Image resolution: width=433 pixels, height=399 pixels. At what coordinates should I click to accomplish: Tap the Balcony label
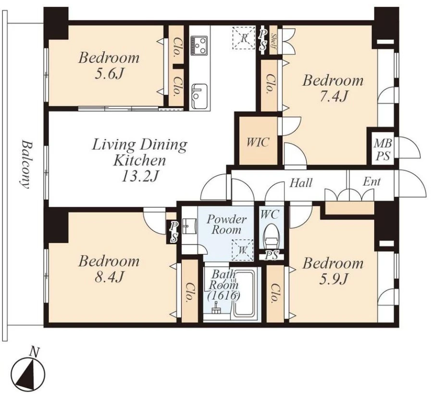[25, 165]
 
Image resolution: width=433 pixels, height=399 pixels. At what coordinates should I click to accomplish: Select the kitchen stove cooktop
[199, 45]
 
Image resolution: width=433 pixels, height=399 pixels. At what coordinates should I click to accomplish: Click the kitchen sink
[200, 96]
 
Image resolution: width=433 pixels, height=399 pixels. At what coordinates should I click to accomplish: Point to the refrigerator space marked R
[244, 38]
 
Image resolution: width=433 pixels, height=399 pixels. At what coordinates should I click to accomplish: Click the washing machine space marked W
[243, 250]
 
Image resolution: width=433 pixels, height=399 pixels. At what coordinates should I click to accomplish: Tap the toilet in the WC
[272, 237]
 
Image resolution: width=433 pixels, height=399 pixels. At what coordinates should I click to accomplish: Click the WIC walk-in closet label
[258, 142]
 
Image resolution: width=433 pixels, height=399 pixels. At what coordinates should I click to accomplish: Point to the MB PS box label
[383, 150]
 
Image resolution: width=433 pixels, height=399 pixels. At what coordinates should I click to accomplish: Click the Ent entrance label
[371, 182]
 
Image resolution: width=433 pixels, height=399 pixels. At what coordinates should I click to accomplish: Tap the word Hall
[301, 183]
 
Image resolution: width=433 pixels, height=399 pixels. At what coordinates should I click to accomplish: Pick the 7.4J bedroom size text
[333, 96]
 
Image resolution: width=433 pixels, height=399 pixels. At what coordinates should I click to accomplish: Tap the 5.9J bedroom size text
[333, 279]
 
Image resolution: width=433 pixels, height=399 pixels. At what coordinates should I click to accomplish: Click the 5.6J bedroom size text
[108, 74]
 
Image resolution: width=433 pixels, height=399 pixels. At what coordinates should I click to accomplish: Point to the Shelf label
[273, 40]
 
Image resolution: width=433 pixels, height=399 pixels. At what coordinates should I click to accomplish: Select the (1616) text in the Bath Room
[223, 296]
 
